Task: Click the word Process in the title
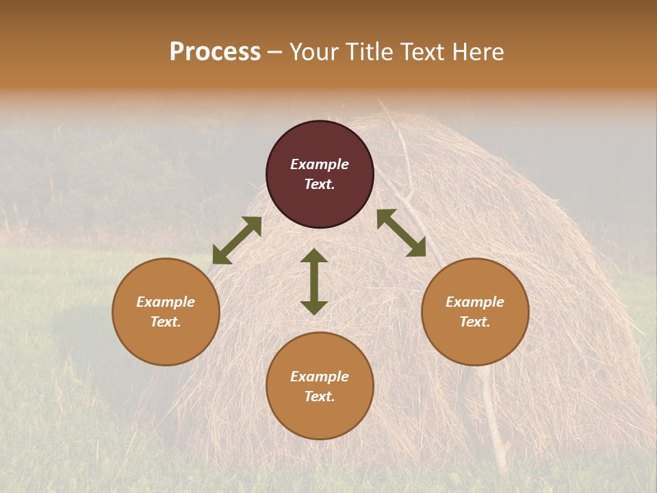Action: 215,52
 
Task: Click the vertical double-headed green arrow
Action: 314,281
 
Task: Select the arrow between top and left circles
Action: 237,240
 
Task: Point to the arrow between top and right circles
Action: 401,233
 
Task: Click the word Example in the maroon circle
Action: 320,164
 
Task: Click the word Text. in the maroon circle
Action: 320,184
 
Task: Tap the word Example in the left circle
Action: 166,302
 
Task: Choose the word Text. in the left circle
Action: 166,322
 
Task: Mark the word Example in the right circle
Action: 475,302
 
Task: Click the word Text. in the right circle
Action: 475,322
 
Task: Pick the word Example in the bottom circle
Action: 320,377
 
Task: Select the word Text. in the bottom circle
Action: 320,396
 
